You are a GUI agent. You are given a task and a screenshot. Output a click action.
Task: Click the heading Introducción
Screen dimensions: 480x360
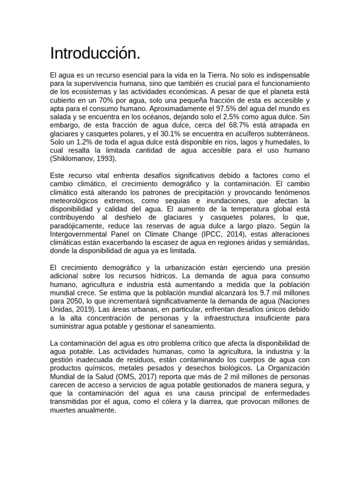(x=95, y=54)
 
